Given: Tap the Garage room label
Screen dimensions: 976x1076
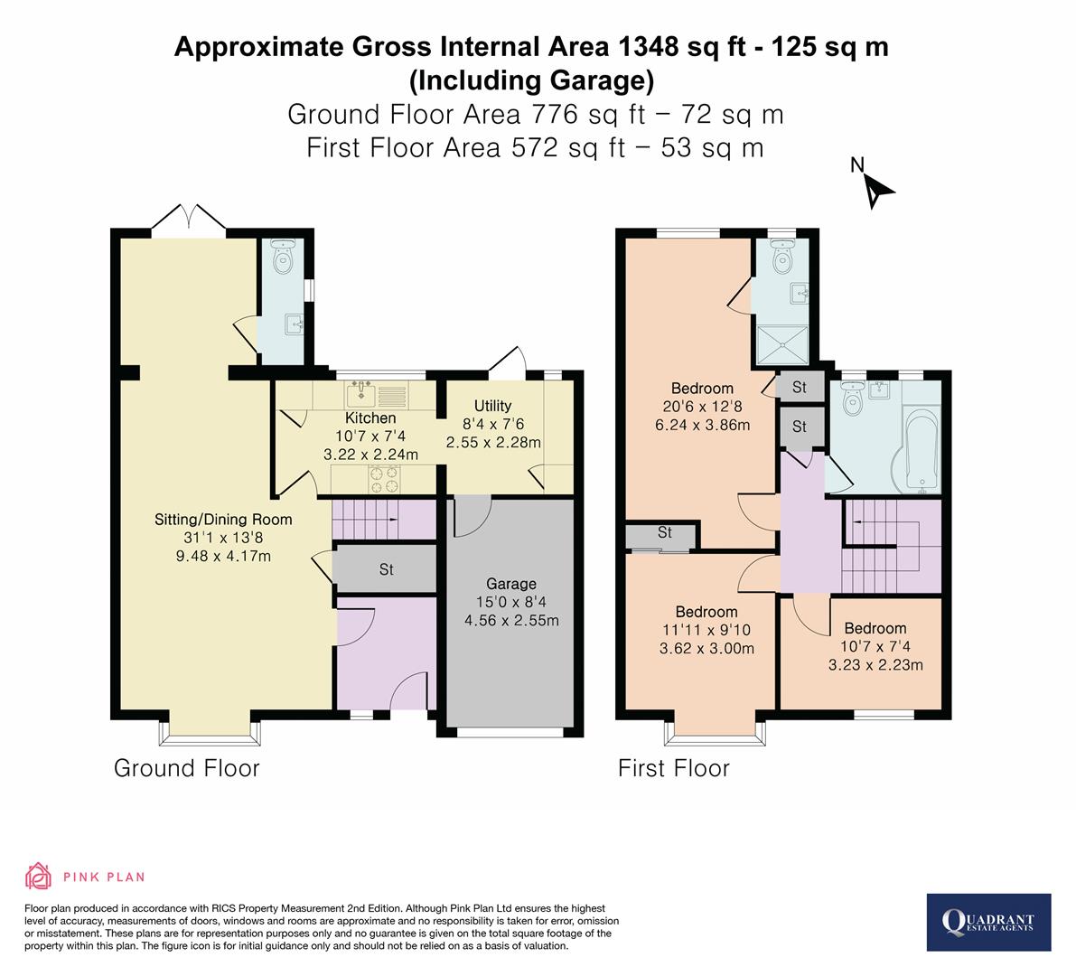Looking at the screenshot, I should [511, 584].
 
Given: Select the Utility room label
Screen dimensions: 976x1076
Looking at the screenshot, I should [492, 406].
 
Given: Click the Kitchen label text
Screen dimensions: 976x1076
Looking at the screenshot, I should [370, 418].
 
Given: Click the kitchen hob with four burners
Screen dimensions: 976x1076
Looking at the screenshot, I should [383, 479].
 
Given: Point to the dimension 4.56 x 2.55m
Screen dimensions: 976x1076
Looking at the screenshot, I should [511, 620].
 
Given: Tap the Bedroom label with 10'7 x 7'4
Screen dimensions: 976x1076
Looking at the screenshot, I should [875, 629].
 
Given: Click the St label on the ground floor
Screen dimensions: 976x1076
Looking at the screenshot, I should [386, 570].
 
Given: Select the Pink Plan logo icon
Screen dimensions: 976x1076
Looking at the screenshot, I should [39, 876].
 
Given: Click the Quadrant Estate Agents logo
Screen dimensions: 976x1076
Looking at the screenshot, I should [988, 922].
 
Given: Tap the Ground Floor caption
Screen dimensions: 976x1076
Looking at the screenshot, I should [186, 768].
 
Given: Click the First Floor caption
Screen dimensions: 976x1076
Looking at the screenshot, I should [673, 768].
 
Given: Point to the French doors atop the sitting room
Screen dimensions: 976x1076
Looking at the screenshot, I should [188, 219].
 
